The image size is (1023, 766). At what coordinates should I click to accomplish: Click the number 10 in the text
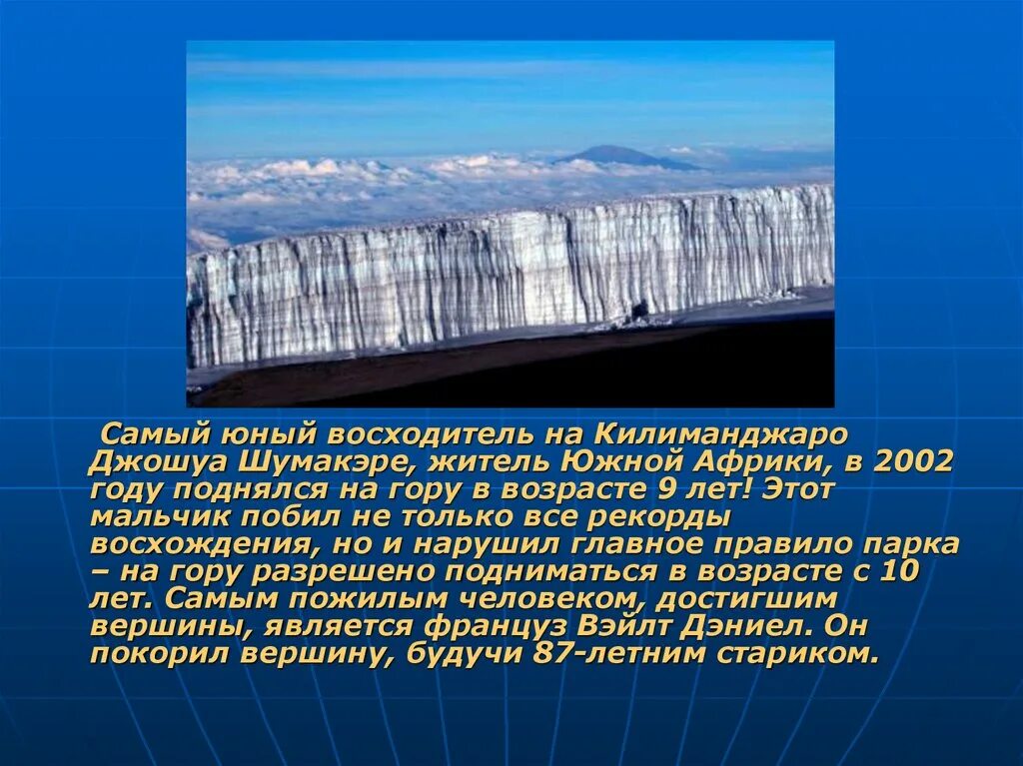899,572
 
